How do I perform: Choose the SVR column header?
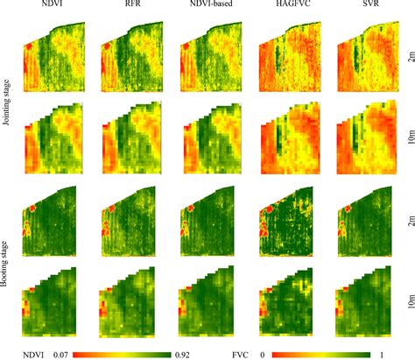365,8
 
